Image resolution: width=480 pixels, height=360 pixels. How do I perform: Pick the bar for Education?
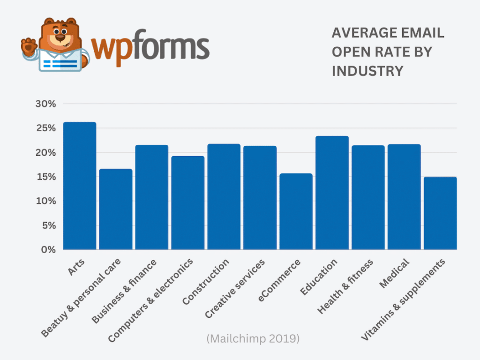click(x=332, y=193)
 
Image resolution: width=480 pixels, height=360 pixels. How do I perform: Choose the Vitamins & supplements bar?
click(x=440, y=213)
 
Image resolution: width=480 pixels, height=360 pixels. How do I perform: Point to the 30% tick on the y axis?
click(x=45, y=104)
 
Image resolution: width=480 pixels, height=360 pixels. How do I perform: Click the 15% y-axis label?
click(x=45, y=177)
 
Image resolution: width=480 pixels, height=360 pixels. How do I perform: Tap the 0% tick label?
click(x=48, y=250)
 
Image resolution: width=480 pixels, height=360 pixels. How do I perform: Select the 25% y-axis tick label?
click(x=45, y=128)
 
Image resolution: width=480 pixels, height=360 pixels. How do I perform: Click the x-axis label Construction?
click(x=206, y=281)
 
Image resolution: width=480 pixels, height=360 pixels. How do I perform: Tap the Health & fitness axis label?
click(x=345, y=286)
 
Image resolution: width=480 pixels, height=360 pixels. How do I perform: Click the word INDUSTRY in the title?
click(x=367, y=71)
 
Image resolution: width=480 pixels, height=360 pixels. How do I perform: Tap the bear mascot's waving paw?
click(x=29, y=46)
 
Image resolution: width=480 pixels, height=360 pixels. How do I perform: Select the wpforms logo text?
click(x=150, y=47)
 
